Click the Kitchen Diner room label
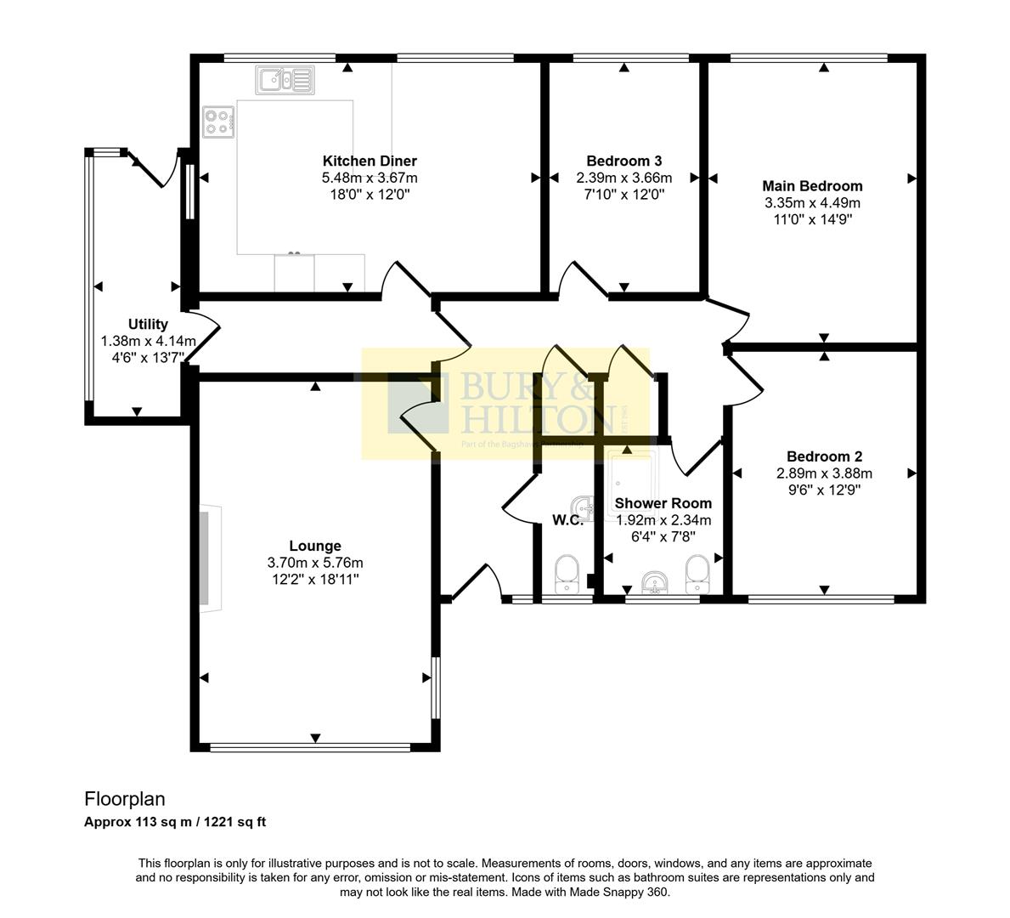click(x=370, y=161)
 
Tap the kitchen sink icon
click(x=285, y=80)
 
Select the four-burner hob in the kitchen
click(x=218, y=121)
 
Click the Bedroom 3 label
click(x=623, y=161)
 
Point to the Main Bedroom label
click(x=812, y=186)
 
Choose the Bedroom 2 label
click(x=824, y=456)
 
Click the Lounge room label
click(x=315, y=546)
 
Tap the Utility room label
click(x=148, y=324)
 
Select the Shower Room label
click(x=663, y=503)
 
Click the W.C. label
click(x=567, y=520)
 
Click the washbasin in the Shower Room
click(x=654, y=582)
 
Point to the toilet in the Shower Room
click(x=697, y=574)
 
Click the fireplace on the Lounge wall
click(x=210, y=557)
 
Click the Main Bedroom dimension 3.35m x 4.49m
click(x=812, y=203)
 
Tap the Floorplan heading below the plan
click(x=124, y=799)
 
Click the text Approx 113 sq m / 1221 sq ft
click(x=175, y=822)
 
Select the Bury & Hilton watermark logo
click(x=506, y=405)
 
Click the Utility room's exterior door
click(x=153, y=168)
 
